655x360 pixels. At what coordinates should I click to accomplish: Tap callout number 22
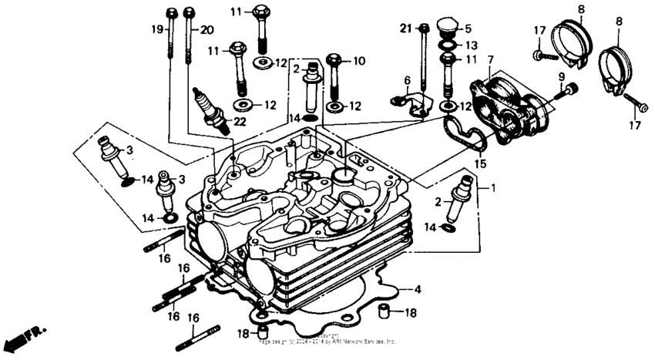click(x=240, y=122)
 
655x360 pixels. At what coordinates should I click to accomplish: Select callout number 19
click(x=157, y=29)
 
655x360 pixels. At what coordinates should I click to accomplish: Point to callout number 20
click(x=206, y=29)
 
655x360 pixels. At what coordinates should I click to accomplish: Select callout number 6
click(x=406, y=80)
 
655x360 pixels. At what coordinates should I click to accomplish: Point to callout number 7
click(x=491, y=59)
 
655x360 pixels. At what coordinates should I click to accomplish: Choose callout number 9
click(x=561, y=76)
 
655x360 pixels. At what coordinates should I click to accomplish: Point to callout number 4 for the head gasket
click(x=418, y=290)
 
